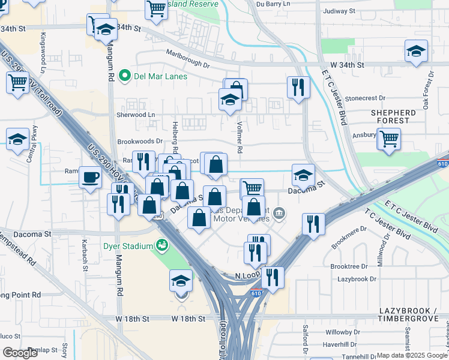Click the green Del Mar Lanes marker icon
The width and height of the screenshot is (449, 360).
[x=125, y=76]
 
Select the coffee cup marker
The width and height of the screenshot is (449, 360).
[x=90, y=178]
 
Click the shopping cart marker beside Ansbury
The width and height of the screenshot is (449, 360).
[x=389, y=139]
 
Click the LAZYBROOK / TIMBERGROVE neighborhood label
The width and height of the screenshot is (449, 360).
[x=414, y=316]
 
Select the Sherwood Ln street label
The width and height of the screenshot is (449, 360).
[x=135, y=114]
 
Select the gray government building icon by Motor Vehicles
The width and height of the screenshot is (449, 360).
[x=279, y=213]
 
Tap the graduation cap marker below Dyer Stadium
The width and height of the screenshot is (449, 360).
[x=181, y=281]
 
